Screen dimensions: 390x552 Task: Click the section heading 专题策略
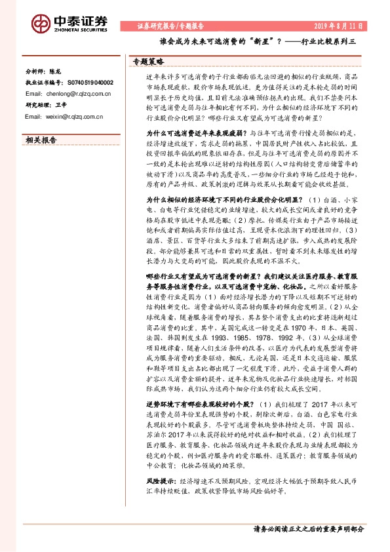click(147, 61)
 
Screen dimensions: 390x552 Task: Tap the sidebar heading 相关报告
click(41, 140)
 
